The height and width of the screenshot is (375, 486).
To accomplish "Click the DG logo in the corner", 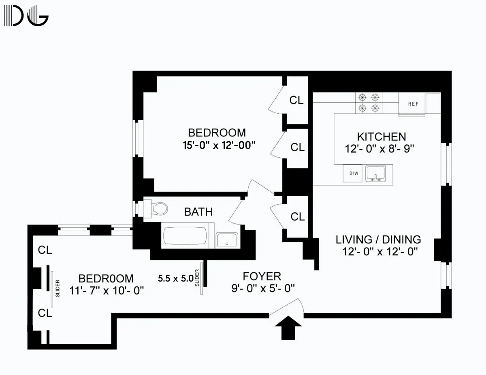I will point(26,15).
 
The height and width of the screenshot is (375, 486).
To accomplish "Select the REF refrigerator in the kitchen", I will point(413,104).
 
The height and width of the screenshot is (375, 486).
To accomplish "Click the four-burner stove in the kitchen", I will point(369,102).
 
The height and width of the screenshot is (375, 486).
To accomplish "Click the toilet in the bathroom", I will point(158,208).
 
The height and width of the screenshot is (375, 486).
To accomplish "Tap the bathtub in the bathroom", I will point(185,237).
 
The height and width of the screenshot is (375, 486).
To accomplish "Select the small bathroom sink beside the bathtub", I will point(227,240).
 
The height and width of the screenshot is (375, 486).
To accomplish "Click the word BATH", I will point(198,212).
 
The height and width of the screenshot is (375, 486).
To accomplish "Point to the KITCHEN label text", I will point(381,136).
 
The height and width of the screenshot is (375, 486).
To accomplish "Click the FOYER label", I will point(262,276).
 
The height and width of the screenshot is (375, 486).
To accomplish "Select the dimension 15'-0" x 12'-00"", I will point(219,145).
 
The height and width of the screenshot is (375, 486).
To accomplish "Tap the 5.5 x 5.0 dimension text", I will point(175,278).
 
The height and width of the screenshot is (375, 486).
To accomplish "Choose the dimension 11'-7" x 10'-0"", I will point(106,290).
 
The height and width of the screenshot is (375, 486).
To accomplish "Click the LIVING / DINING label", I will point(378,239).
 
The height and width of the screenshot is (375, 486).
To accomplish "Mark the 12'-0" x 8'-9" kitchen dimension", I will point(381,149).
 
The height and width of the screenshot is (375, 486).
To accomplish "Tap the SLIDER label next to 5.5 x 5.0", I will point(197,278).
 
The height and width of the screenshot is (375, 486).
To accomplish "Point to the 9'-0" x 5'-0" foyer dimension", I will point(263,288).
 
